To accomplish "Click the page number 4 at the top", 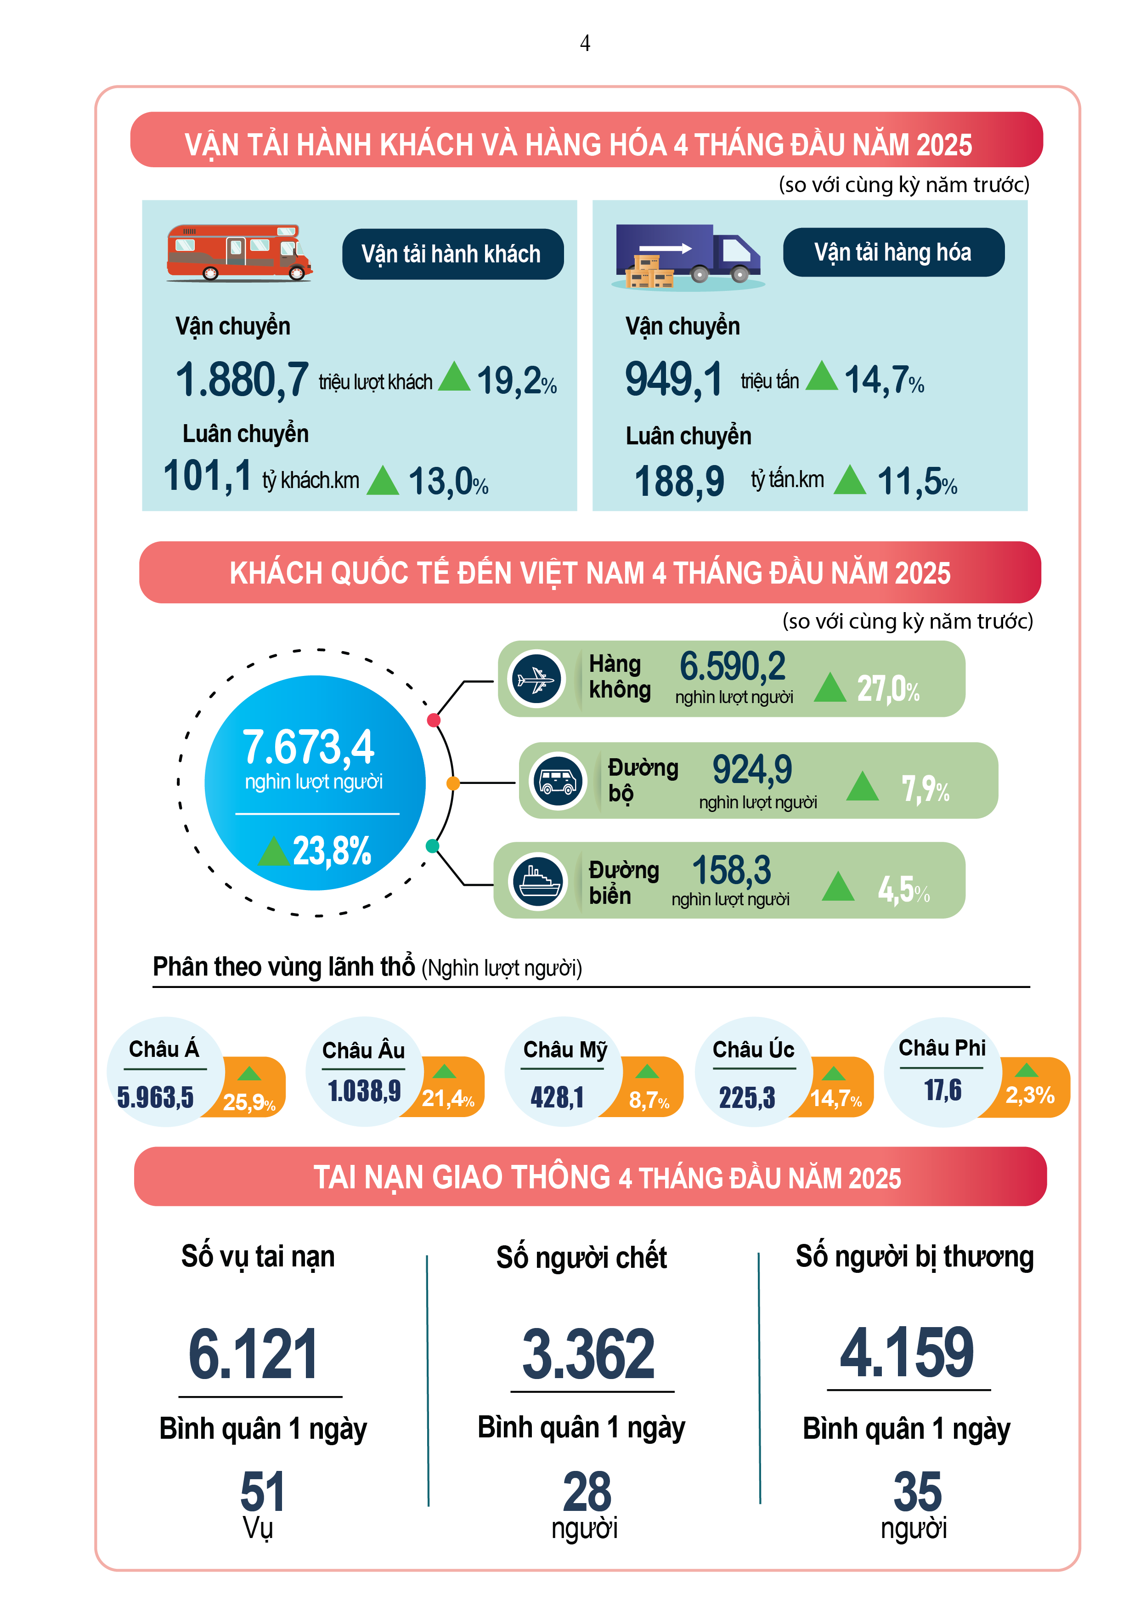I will coord(585,44).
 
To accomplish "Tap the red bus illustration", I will coord(239,253).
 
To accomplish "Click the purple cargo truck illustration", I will coord(688,256).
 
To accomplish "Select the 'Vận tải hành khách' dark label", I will coord(452,254).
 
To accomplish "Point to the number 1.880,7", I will coord(242,380).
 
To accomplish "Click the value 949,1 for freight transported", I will coord(673,380).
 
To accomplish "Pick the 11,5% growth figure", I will coord(916,482).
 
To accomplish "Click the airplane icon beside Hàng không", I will coord(537,679).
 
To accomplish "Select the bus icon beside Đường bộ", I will coord(558,781).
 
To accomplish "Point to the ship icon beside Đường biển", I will coord(538,880).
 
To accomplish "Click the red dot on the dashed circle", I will coord(434,720).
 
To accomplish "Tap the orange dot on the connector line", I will coord(453,783).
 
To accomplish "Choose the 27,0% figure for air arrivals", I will coord(888,689).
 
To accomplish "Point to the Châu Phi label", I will coord(942,1048).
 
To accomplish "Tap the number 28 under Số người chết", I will coord(587,1491).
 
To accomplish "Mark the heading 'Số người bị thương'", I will coord(914,1256).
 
